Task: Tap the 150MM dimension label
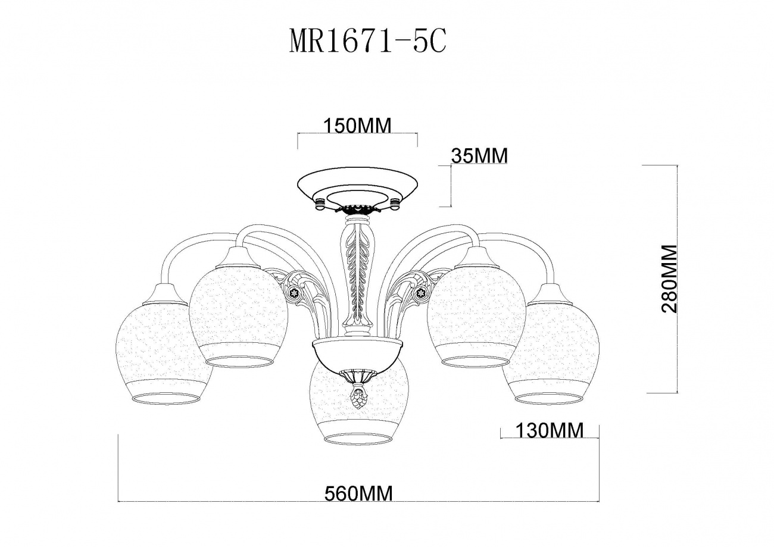[357, 126]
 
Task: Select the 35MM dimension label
[480, 156]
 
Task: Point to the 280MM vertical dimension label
[669, 279]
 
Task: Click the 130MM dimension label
[550, 430]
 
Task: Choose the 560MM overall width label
[358, 493]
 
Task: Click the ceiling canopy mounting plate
[358, 190]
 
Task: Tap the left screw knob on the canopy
[320, 204]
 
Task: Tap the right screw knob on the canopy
[395, 204]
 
